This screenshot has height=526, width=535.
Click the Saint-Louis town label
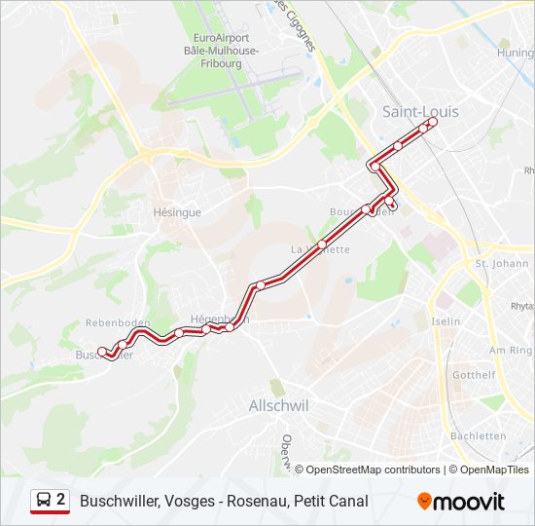pos(420,112)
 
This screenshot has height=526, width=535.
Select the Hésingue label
pos(177,212)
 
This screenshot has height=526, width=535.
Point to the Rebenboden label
pos(115,322)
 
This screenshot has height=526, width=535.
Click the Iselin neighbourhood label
pos(446,321)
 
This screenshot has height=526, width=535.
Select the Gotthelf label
pos(474,375)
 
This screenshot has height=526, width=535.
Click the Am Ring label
pos(512,350)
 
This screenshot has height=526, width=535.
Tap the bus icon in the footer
pos(43,501)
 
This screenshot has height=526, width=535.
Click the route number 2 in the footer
pos(61,501)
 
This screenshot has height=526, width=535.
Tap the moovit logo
pos(461,502)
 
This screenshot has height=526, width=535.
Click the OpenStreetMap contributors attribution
pos(373,470)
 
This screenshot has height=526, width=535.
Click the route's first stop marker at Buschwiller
pos(102,352)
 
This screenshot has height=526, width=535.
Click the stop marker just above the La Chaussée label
pos(322,244)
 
